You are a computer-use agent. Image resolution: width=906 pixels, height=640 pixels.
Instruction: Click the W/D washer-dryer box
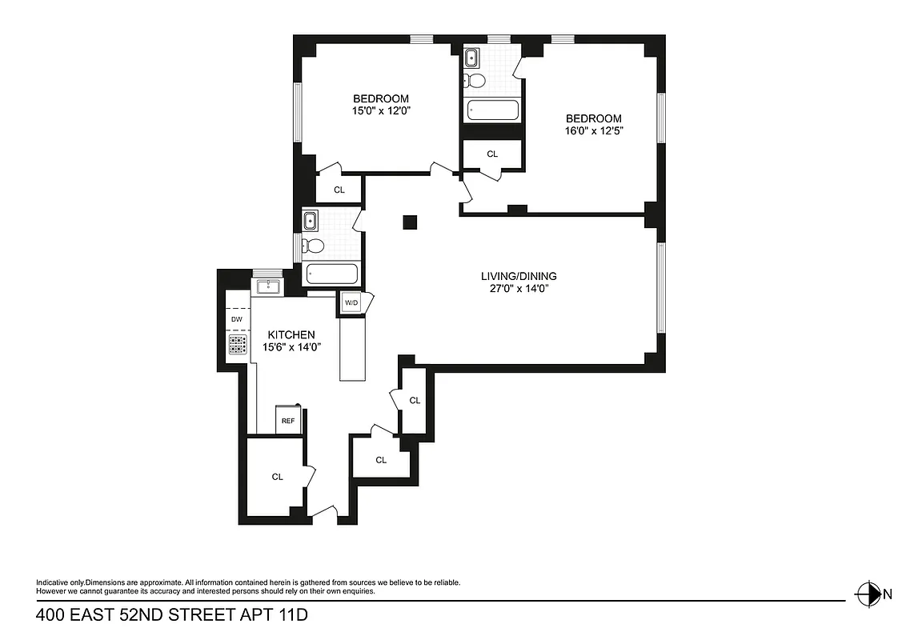[351, 303]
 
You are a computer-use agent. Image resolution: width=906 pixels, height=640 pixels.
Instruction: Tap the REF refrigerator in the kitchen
[287, 420]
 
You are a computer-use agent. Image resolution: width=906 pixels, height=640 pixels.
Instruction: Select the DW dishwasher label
[236, 319]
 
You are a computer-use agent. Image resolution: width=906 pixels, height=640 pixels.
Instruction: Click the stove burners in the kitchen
[238, 345]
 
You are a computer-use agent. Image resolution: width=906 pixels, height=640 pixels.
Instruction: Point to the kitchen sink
[267, 286]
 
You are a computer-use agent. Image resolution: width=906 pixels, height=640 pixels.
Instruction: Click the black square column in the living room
[411, 222]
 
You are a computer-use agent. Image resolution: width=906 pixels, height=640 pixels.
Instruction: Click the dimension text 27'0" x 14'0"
[525, 290]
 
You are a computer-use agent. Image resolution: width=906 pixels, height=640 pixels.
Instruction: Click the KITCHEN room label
[291, 334]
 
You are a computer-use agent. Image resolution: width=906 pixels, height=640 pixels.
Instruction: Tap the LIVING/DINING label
[525, 276]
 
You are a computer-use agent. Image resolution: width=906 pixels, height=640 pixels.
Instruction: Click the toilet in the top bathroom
[475, 81]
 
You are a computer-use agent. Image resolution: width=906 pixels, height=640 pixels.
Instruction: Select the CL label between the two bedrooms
[492, 154]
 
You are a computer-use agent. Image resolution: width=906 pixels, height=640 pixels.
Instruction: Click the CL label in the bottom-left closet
[277, 477]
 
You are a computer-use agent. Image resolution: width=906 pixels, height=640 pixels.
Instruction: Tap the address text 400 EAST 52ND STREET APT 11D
[172, 615]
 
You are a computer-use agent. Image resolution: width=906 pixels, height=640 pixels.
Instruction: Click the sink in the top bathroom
[471, 58]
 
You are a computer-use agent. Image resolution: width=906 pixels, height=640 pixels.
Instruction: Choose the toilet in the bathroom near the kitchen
[314, 246]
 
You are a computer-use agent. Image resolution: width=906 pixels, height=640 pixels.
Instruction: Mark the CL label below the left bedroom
[339, 190]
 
